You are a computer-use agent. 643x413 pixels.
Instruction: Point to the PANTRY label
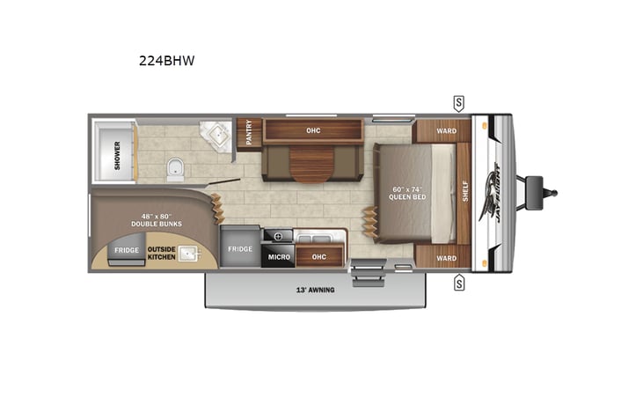point(249,133)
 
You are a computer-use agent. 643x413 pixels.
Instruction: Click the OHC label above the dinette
point(312,130)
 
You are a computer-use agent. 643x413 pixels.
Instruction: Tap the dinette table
point(312,164)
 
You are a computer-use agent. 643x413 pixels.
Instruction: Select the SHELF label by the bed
point(465,190)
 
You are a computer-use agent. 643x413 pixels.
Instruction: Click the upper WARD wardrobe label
point(446,131)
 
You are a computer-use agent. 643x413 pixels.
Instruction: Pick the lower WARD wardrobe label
point(446,258)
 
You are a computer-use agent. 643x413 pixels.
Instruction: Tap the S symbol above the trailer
point(459,101)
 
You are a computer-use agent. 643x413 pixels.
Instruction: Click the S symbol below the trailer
point(459,283)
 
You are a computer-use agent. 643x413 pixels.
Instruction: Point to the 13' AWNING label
point(315,290)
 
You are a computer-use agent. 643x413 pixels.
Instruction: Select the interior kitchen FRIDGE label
point(240,249)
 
